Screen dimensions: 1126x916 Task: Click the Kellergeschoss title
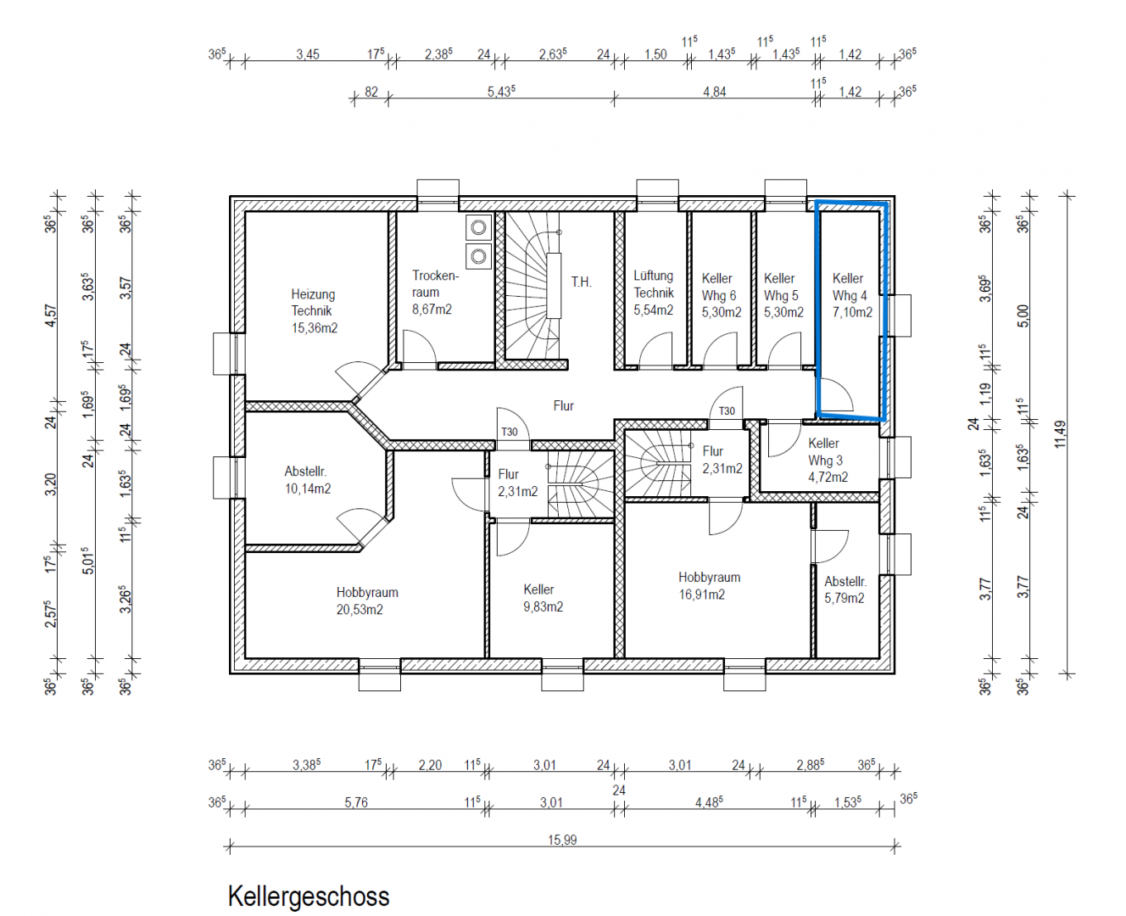tap(309, 896)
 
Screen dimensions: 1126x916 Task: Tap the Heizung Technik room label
tap(313, 303)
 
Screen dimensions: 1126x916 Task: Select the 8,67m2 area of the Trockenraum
tap(432, 310)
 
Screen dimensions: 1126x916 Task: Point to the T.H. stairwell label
tap(581, 282)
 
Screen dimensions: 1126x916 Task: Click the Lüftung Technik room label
tap(654, 284)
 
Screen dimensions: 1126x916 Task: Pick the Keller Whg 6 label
tap(718, 288)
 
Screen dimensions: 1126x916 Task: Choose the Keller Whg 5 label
tap(781, 288)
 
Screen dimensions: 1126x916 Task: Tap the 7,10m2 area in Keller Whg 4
tap(852, 313)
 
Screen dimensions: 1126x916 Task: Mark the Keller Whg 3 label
tap(825, 452)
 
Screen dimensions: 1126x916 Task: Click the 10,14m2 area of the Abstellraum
tap(308, 489)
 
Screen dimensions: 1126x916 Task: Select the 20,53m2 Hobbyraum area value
tap(360, 610)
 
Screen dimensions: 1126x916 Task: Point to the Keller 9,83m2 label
tap(543, 598)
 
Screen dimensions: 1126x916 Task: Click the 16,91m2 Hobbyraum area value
tap(701, 595)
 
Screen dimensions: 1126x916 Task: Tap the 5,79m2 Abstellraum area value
tap(844, 598)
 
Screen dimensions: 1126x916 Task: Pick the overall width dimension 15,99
tap(562, 840)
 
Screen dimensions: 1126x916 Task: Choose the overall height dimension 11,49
tap(1060, 435)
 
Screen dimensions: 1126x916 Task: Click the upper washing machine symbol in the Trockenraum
tap(478, 227)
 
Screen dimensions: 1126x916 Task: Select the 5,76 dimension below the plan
tap(356, 802)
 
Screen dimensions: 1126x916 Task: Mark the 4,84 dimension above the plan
tap(714, 92)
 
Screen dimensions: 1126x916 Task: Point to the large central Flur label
tap(564, 405)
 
